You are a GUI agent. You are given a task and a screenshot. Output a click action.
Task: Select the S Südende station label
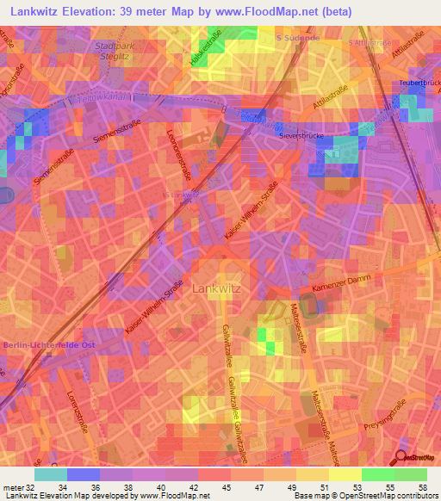[x=299, y=39]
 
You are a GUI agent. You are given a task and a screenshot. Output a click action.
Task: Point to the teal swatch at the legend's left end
[x=51, y=474]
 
